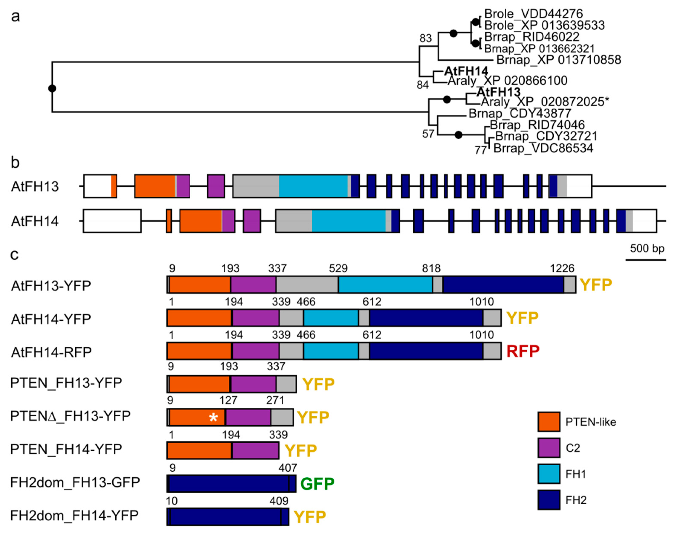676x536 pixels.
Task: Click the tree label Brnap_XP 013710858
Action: (558, 60)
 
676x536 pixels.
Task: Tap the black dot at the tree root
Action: (52, 88)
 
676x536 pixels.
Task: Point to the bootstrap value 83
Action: (426, 38)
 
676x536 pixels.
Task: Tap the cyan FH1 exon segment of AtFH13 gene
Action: (313, 186)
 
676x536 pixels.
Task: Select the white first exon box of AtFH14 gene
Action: (112, 221)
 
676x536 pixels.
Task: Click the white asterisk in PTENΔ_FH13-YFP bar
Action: (213, 417)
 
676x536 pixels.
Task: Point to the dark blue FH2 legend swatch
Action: (549, 500)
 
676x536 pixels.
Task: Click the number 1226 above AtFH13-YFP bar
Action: (562, 268)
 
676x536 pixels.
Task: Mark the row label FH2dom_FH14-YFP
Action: (74, 515)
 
